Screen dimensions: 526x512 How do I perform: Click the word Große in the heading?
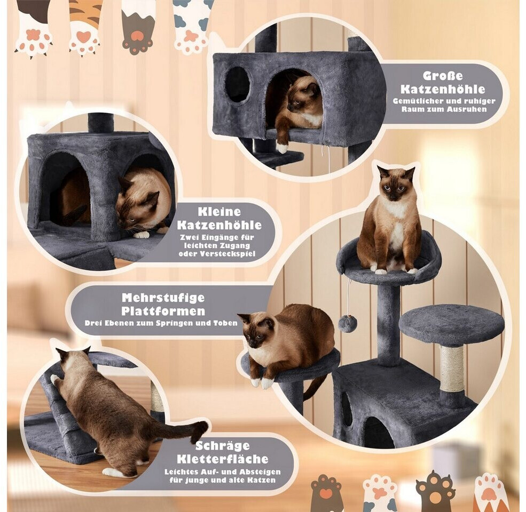443,76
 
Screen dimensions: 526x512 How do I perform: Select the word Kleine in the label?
219,212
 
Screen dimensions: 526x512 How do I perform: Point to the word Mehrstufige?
163,298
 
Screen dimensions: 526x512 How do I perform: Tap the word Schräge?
222,446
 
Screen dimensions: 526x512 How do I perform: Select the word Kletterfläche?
222,459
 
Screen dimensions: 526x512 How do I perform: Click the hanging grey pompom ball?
347,323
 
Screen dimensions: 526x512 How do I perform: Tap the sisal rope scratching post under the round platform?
451,369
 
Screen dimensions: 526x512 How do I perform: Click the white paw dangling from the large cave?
282,147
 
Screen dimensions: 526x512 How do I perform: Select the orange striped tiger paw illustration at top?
84,28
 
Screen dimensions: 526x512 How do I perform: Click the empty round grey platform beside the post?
452,324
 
